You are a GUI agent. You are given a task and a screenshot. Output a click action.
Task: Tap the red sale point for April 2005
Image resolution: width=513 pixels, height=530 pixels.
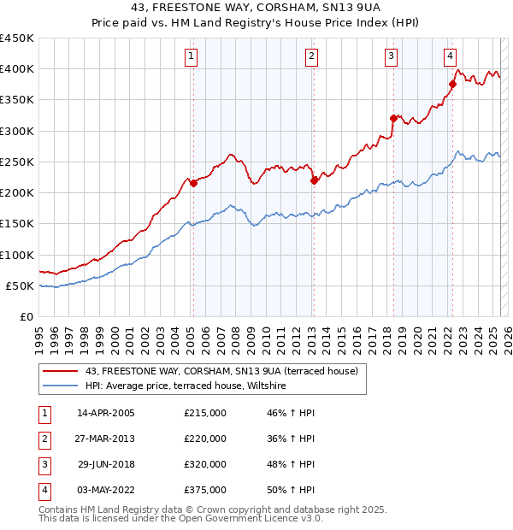coord(193,183)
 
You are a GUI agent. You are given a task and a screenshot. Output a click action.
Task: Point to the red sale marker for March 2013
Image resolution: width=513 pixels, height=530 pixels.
coord(314,180)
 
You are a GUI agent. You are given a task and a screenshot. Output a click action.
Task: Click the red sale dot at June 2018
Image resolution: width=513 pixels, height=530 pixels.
coord(393,118)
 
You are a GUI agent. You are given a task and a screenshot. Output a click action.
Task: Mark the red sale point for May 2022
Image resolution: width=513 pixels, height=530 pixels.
coord(452,84)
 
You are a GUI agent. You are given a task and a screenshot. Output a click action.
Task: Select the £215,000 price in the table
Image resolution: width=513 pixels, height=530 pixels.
coord(205,413)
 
